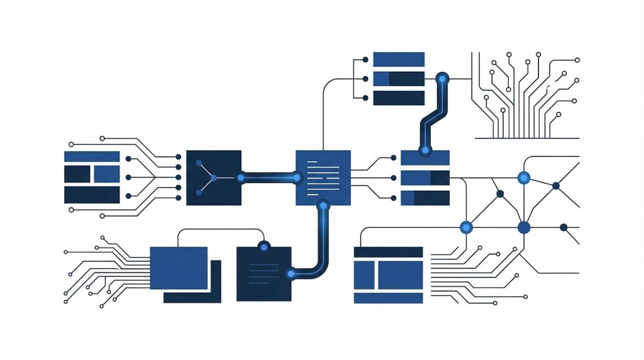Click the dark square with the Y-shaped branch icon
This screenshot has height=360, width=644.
214,177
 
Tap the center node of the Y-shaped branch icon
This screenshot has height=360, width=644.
214,178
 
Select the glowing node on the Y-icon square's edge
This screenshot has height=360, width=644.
241,178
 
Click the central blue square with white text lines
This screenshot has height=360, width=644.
323,177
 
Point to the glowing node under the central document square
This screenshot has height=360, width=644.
323,205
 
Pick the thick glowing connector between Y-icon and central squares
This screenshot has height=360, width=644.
269,178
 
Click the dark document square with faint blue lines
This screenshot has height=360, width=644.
264,274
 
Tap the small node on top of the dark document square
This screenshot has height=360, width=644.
264,245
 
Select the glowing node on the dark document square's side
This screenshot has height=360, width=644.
291,273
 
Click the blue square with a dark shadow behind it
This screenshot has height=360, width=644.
179,268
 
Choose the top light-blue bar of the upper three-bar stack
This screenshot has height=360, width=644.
399,59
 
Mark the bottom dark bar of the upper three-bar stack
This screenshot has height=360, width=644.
399,98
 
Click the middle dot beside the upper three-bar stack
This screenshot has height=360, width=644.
365,79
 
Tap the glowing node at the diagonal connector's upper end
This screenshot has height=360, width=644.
443,79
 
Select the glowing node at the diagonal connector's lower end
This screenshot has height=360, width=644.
426,150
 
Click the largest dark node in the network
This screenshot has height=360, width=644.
523,227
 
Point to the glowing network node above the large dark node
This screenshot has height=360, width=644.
523,178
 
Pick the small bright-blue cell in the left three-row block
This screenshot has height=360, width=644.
106,174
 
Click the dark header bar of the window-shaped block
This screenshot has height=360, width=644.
388,252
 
